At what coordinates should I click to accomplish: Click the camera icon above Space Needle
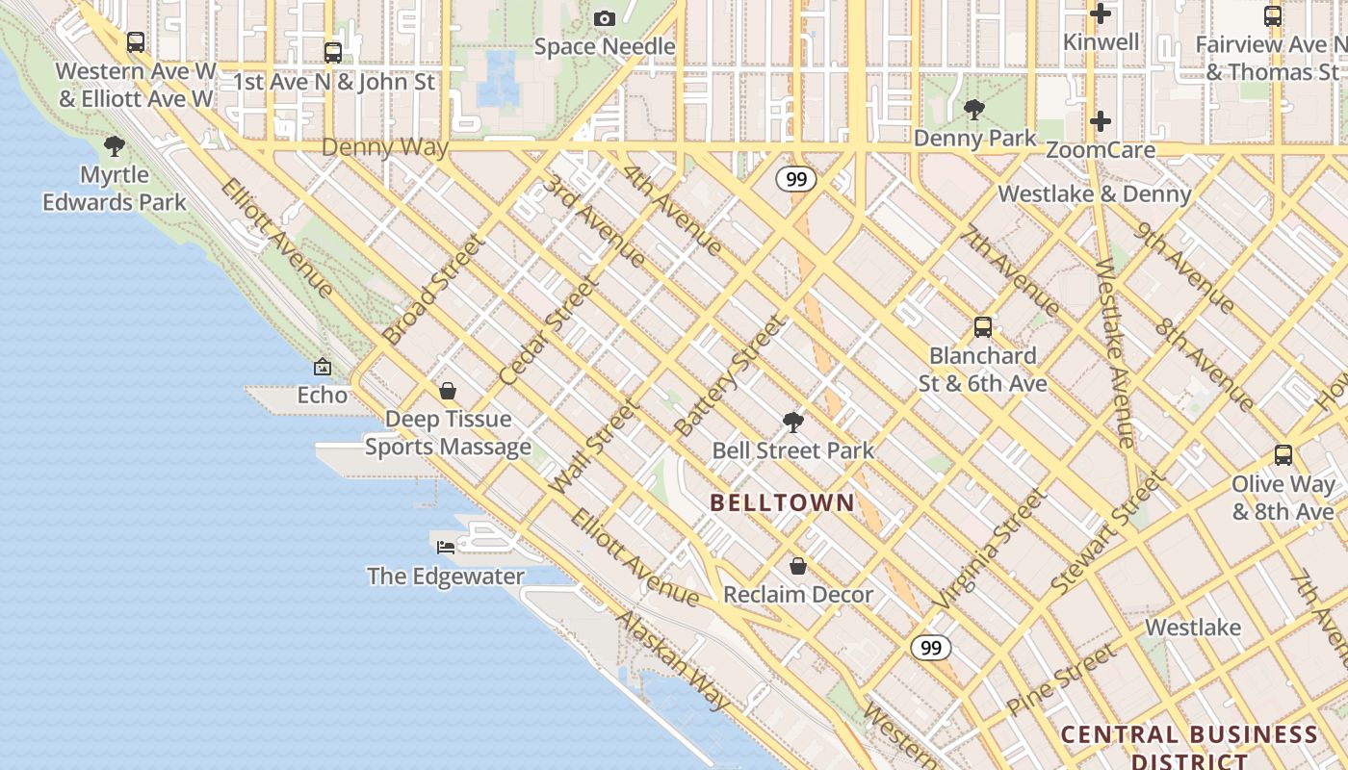pyautogui.click(x=605, y=18)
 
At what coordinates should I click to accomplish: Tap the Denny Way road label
pyautogui.click(x=385, y=147)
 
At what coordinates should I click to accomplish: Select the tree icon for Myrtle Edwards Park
pyautogui.click(x=115, y=146)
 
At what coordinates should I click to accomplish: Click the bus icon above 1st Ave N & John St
pyautogui.click(x=333, y=52)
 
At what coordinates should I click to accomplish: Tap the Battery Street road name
pyautogui.click(x=729, y=376)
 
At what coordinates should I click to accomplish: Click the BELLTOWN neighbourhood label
pyautogui.click(x=782, y=501)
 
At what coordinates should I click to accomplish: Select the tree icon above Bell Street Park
pyautogui.click(x=793, y=422)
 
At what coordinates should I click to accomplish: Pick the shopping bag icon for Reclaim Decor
pyautogui.click(x=797, y=565)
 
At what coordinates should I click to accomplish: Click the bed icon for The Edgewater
pyautogui.click(x=446, y=547)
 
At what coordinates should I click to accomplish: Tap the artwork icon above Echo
pyautogui.click(x=323, y=367)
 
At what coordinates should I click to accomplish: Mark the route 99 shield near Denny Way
pyautogui.click(x=796, y=179)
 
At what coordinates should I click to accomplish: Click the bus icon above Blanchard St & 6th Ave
pyautogui.click(x=982, y=327)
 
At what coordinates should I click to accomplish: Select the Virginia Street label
pyautogui.click(x=989, y=549)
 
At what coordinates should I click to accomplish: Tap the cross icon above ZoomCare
pyautogui.click(x=1101, y=121)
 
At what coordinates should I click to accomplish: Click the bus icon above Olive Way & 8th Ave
pyautogui.click(x=1283, y=455)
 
